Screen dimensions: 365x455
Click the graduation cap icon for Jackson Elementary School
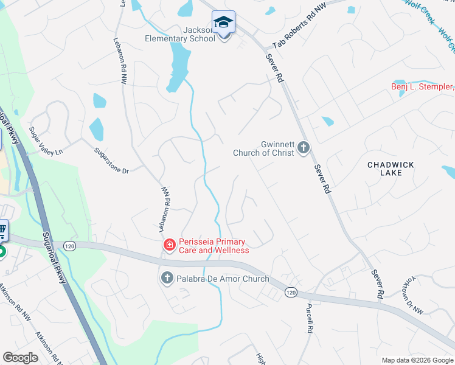[x=224, y=23]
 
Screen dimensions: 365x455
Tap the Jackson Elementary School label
[x=180, y=34]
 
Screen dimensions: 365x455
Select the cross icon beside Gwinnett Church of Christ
[x=304, y=148]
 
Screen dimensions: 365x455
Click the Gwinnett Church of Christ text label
[x=264, y=148]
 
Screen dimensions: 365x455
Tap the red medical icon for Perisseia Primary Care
[x=168, y=245]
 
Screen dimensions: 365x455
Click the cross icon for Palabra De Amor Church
[x=167, y=279]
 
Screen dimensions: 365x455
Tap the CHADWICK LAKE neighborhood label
[x=391, y=169]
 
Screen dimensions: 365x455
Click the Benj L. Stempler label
[x=422, y=87]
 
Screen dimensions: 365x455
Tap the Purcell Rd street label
[x=309, y=318]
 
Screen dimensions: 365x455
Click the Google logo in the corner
[x=21, y=358]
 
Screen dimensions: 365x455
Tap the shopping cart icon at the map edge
[x=3, y=231]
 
